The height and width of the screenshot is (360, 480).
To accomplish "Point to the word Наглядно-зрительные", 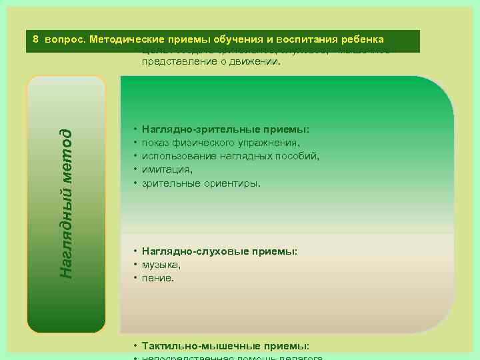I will (x=193, y=130).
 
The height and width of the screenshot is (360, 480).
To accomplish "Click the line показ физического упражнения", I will (x=220, y=143).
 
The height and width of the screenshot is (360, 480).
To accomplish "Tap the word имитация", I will (x=163, y=169).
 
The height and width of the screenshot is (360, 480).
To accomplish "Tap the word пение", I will (x=157, y=277).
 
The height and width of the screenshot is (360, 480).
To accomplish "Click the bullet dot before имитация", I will (x=135, y=169).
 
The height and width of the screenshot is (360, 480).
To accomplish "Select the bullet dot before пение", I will (x=135, y=277).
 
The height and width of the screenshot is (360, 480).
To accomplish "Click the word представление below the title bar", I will (x=177, y=63).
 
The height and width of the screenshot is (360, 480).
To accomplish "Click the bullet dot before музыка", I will (x=135, y=265).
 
